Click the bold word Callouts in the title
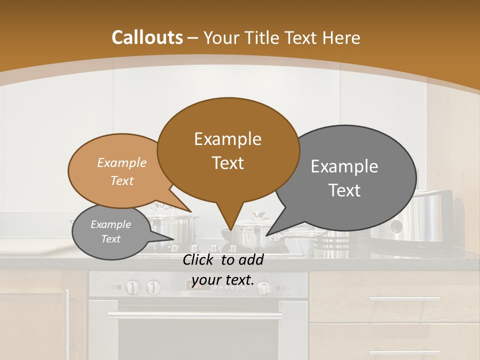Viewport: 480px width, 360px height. pos(147,37)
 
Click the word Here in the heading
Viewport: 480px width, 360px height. pos(340,38)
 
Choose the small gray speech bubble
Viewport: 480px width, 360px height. pos(111,232)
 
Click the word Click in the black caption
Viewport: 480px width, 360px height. pos(199,260)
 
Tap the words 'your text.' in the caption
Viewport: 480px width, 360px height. pos(223,280)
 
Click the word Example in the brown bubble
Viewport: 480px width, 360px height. pos(227,139)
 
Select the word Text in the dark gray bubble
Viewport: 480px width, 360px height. pos(345,190)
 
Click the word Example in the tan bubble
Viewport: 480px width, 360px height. pos(121,163)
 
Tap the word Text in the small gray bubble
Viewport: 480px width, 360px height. pos(111,239)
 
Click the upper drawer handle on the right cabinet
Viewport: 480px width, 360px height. pos(404,299)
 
